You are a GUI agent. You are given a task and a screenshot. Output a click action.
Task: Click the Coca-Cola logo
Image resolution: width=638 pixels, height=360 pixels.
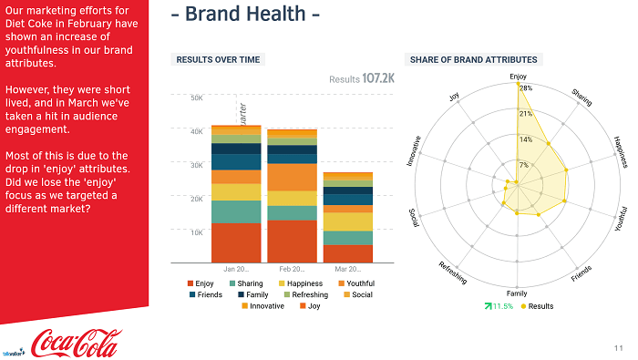(x=75, y=342)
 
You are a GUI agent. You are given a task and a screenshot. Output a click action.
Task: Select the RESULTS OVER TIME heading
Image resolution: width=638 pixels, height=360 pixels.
(x=218, y=59)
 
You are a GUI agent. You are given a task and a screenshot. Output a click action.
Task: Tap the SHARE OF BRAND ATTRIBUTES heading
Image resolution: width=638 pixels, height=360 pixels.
(x=473, y=59)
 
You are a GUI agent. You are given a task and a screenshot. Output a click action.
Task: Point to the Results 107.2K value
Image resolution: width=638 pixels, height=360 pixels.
(x=362, y=79)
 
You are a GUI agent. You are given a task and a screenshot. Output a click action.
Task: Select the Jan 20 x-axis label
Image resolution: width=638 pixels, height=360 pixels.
(x=236, y=270)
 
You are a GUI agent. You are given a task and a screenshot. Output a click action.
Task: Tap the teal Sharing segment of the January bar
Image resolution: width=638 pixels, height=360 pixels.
(x=236, y=211)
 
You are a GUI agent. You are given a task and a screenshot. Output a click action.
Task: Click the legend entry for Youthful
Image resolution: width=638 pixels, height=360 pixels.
(x=355, y=283)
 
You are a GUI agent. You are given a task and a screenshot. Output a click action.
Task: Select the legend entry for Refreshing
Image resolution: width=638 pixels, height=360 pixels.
(x=305, y=294)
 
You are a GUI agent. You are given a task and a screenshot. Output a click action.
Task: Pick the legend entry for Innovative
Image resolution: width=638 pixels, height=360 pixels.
(x=262, y=306)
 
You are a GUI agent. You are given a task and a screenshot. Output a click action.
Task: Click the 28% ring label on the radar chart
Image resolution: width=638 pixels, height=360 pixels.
(x=525, y=89)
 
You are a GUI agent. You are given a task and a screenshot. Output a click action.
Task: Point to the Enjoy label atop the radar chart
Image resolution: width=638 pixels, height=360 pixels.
(x=517, y=77)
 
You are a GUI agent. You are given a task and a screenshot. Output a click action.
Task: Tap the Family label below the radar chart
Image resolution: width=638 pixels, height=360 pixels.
(x=517, y=293)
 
